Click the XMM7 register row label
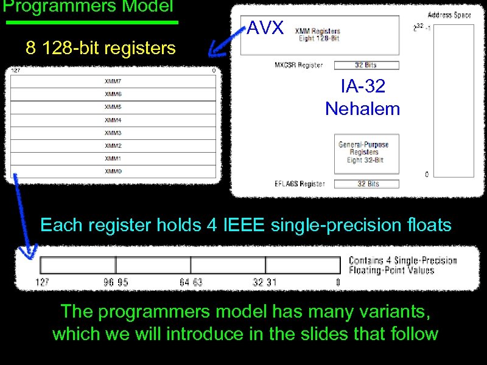pyautogui.click(x=113, y=81)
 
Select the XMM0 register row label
pyautogui.click(x=113, y=172)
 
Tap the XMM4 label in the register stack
pyautogui.click(x=113, y=120)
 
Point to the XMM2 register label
pyautogui.click(x=113, y=146)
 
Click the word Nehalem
pyautogui.click(x=363, y=109)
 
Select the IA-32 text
pyautogui.click(x=363, y=86)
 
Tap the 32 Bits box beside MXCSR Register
pyautogui.click(x=366, y=65)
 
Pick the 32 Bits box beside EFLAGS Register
pyautogui.click(x=366, y=184)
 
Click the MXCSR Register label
pyautogui.click(x=299, y=65)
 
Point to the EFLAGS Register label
pyautogui.click(x=300, y=184)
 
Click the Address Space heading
pyautogui.click(x=449, y=15)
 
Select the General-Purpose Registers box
pyautogui.click(x=363, y=152)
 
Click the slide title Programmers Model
pyautogui.click(x=88, y=7)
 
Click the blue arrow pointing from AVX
pyautogui.click(x=224, y=42)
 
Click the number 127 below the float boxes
pyautogui.click(x=42, y=282)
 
